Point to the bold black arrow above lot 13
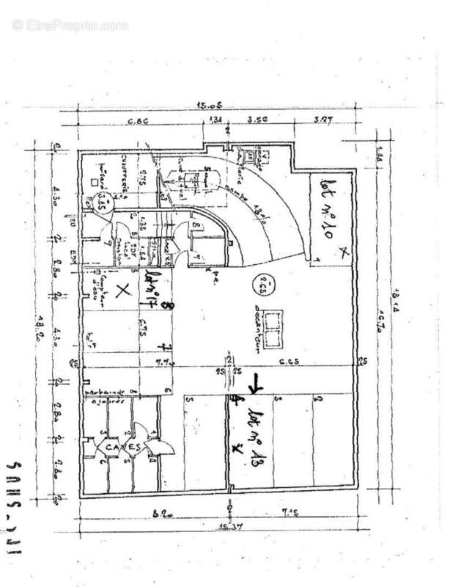click(256, 383)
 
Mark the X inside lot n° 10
click(345, 252)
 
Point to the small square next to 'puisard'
click(94, 181)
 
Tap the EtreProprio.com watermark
click(70, 24)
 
